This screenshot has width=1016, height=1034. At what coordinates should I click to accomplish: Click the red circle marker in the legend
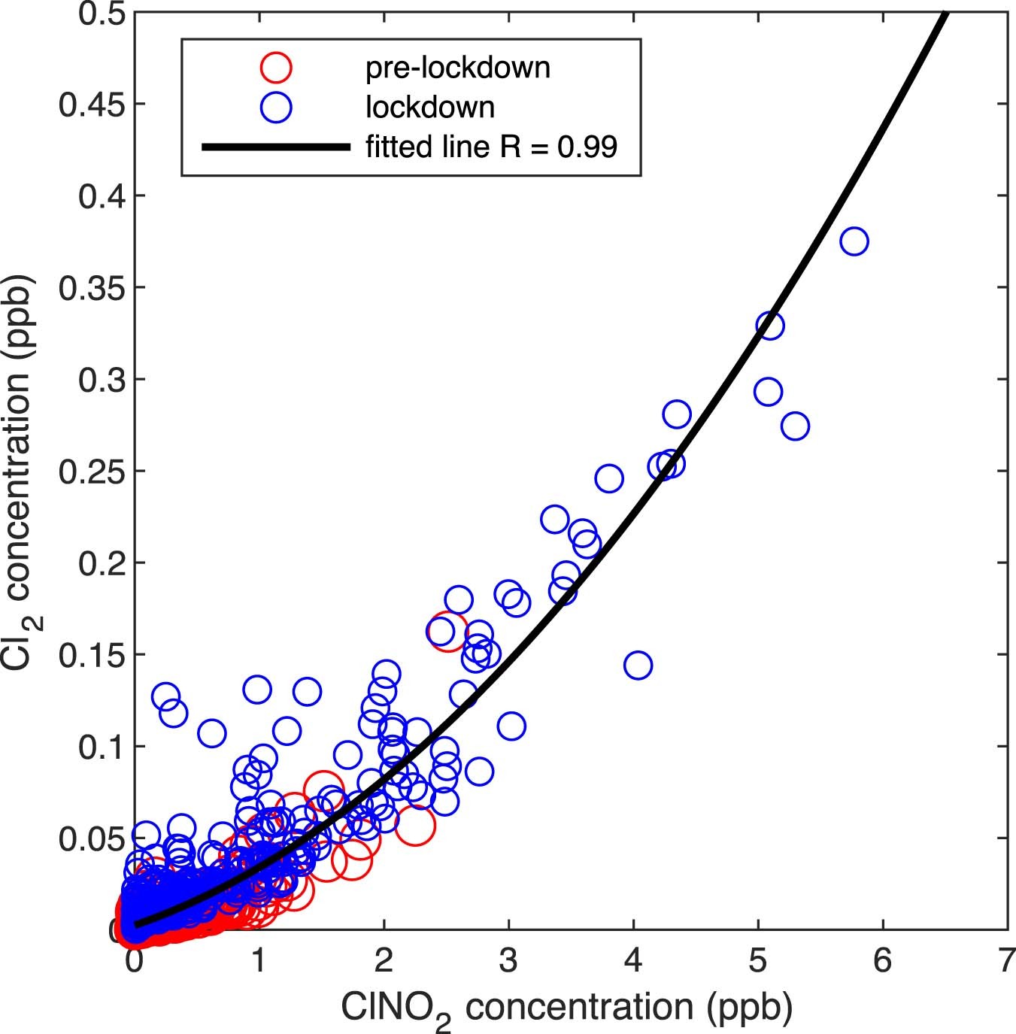tap(276, 67)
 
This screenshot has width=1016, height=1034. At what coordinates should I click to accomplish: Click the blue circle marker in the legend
tap(276, 108)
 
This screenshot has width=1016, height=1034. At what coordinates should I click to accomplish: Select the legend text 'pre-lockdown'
tap(457, 68)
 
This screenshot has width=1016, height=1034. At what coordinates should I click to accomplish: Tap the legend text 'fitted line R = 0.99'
tap(491, 147)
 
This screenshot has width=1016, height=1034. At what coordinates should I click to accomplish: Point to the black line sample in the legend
tap(276, 147)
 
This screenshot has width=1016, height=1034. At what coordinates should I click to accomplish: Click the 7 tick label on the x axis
tap(1008, 961)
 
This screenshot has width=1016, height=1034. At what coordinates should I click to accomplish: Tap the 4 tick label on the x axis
tap(634, 961)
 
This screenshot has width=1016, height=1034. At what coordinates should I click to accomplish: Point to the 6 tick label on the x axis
tap(883, 961)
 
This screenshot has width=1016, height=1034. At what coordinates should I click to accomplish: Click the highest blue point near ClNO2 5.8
tap(854, 241)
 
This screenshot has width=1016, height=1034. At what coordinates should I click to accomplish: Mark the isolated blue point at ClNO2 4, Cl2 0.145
tap(638, 665)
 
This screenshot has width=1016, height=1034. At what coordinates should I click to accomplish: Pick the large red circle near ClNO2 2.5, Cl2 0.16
tap(447, 631)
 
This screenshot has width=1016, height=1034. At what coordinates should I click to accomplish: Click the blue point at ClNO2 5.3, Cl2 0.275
tap(795, 426)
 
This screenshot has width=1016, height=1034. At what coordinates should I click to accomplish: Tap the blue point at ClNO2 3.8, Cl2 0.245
tap(609, 478)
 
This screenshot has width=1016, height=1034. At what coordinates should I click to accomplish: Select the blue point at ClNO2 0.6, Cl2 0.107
tap(211, 732)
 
